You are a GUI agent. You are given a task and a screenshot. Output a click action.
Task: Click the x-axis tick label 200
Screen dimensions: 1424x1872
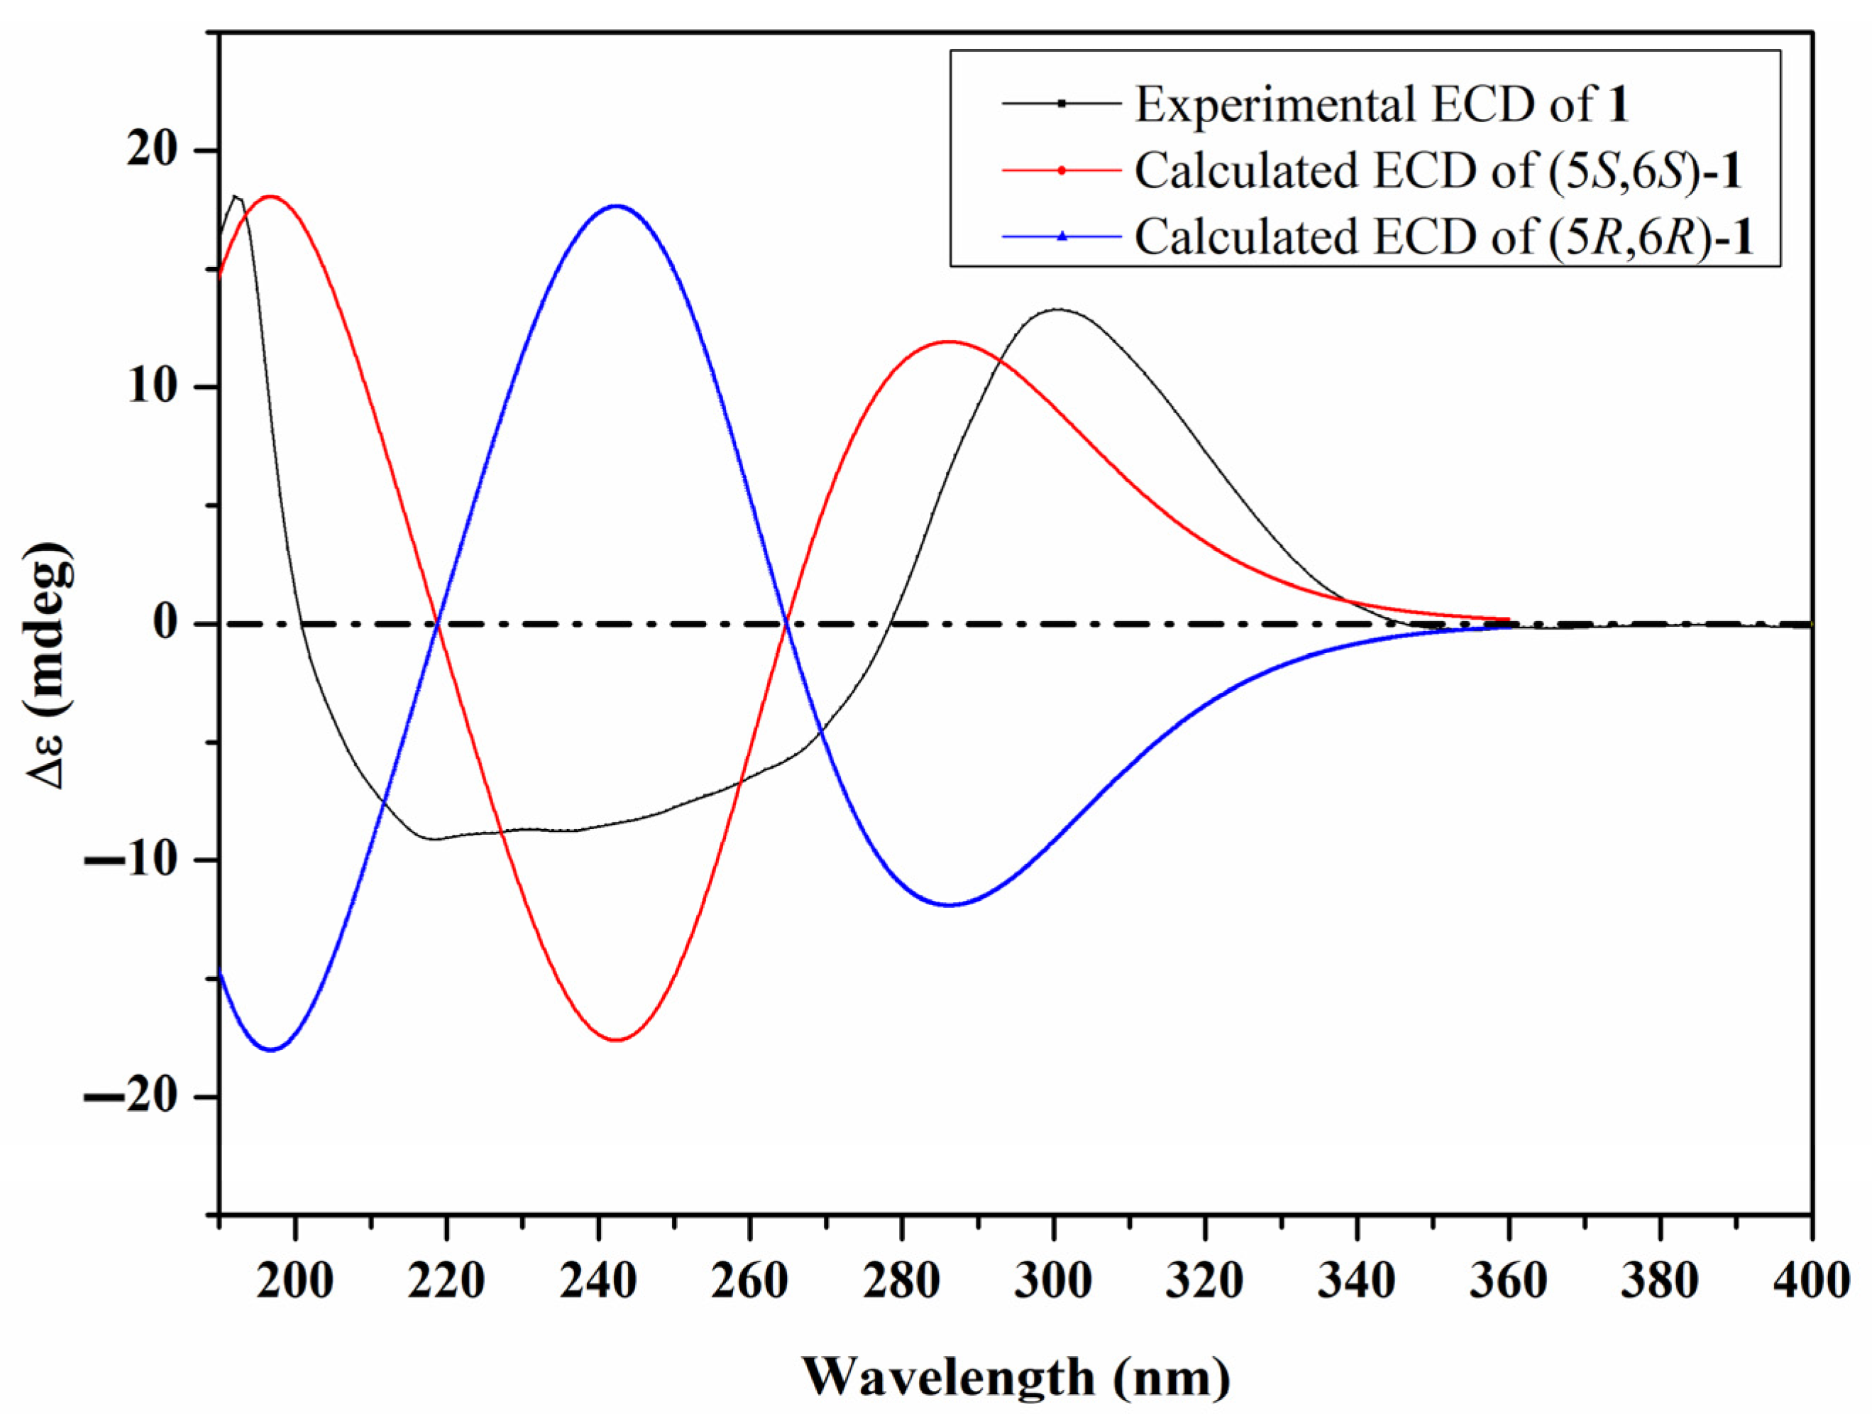pyautogui.click(x=295, y=1281)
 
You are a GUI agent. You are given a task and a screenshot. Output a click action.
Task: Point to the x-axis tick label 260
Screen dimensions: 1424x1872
pyautogui.click(x=750, y=1281)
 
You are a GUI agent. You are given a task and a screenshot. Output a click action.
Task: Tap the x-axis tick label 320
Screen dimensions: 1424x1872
pyautogui.click(x=1204, y=1281)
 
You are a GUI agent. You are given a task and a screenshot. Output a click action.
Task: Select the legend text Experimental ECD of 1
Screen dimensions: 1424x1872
pyautogui.click(x=1382, y=106)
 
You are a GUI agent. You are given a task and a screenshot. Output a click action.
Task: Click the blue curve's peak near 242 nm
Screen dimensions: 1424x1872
pyautogui.click(x=617, y=206)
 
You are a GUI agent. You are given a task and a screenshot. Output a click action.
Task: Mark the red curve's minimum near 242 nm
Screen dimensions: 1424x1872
pyautogui.click(x=617, y=1040)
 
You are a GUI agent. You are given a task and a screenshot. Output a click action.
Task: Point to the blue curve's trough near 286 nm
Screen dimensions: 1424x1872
pyautogui.click(x=950, y=905)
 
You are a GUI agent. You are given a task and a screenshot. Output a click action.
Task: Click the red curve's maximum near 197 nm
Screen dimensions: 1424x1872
pyautogui.click(x=271, y=197)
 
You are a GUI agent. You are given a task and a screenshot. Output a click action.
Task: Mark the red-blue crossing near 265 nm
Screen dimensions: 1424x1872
pyautogui.click(x=786, y=624)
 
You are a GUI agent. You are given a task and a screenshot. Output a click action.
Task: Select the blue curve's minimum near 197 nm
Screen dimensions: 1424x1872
pyautogui.click(x=271, y=1050)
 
